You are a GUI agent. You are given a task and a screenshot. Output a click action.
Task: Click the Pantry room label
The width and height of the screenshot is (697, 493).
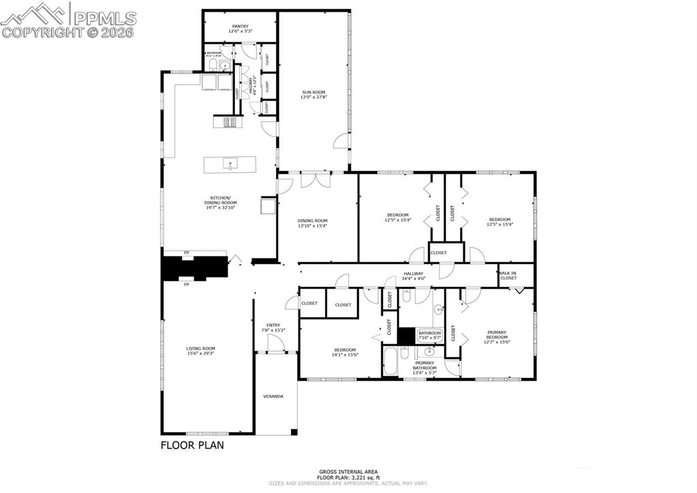tap(239, 29)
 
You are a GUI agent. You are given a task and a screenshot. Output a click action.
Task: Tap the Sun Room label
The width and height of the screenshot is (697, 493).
tap(313, 95)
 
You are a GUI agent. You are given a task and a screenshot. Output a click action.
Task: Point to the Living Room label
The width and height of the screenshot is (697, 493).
tap(201, 350)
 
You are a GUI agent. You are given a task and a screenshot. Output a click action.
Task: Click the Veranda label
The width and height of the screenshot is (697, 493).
tap(273, 396)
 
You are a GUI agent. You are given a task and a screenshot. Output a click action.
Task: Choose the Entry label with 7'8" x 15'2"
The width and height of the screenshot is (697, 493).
tap(273, 327)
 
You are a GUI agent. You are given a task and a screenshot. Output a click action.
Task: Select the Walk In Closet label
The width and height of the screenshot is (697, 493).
tap(508, 275)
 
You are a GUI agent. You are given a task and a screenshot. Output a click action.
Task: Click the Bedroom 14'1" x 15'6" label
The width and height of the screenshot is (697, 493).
tap(345, 352)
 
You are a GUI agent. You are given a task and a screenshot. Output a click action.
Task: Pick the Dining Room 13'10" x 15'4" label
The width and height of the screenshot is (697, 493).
tap(313, 223)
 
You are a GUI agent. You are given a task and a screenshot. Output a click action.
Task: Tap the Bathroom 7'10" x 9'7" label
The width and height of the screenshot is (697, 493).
tap(430, 335)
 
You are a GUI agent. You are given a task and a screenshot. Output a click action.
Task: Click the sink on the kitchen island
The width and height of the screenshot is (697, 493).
tap(230, 164)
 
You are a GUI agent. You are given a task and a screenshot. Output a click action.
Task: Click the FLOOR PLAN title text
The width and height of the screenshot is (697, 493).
tap(191, 445)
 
